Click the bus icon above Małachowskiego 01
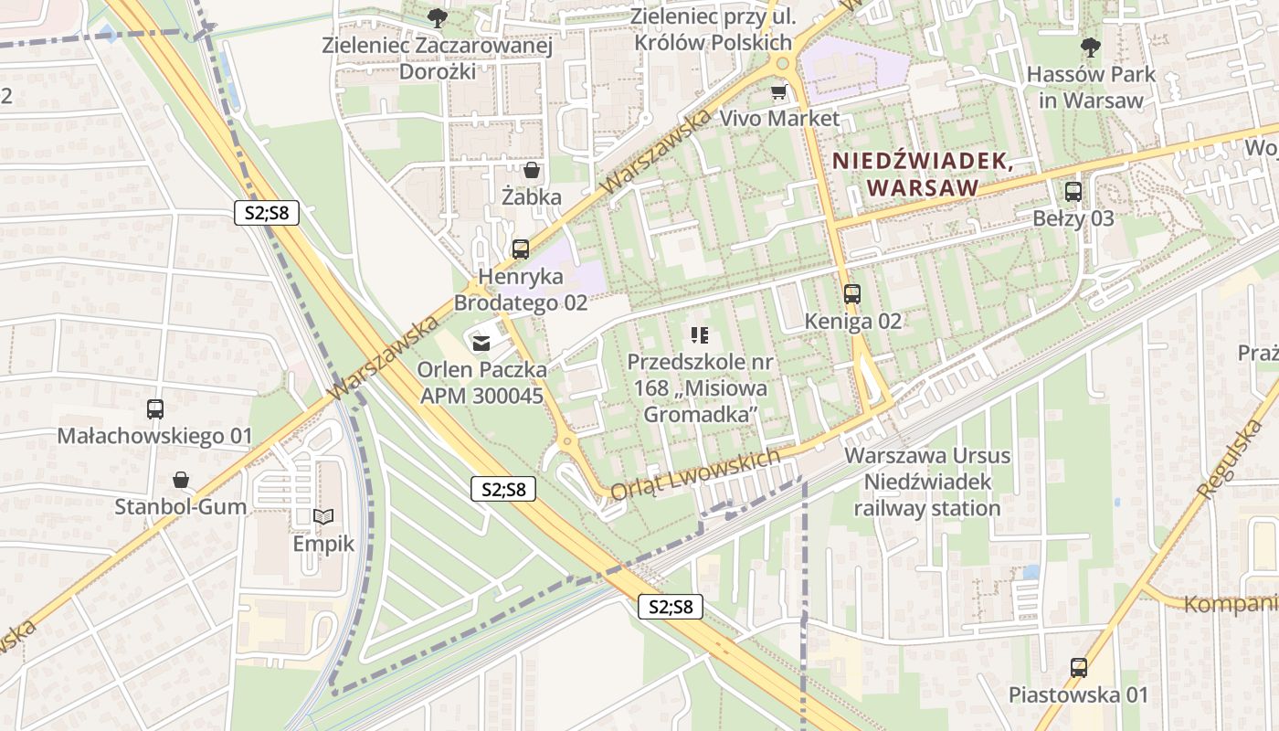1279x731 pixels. coord(155,409)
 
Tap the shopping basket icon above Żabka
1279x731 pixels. coord(532,170)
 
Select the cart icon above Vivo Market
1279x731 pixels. coord(778,91)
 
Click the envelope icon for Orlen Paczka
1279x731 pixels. coord(481,344)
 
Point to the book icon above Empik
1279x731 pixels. coord(322,517)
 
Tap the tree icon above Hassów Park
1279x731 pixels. coord(1090,48)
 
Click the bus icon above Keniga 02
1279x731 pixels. coord(852,294)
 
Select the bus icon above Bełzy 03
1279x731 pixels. coord(1073,192)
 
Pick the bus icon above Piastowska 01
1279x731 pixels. coord(1079,668)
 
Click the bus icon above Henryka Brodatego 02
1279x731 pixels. coord(521,249)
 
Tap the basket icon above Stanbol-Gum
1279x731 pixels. coord(181,480)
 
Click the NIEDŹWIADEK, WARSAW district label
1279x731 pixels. coord(922,174)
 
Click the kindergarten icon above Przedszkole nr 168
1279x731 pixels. coord(700,335)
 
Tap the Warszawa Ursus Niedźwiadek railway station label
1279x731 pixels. coord(927,482)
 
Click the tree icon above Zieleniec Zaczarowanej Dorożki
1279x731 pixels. coord(438,17)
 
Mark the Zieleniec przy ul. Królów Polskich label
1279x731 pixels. coord(713,29)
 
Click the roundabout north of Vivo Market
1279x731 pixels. coord(782,62)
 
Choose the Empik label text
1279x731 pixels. coord(322,545)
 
